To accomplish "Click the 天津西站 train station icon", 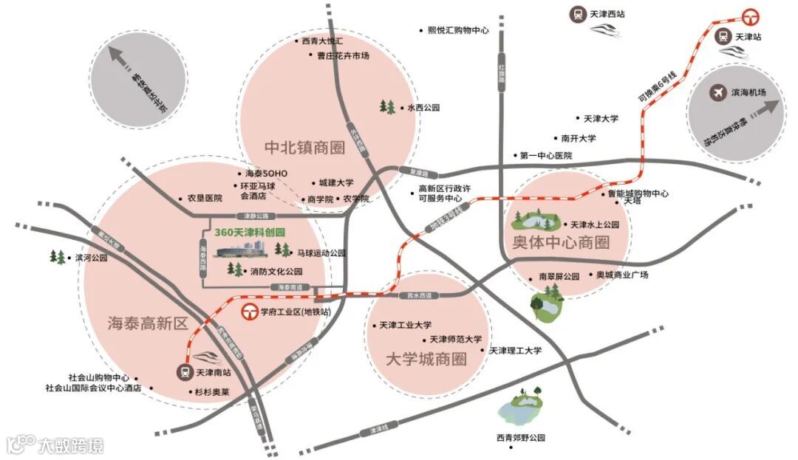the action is (577, 13).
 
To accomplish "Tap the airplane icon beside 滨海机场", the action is (716, 92).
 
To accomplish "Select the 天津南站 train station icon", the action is (184, 372).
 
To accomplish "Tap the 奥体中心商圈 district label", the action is (562, 242).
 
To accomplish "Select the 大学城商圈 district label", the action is (427, 360).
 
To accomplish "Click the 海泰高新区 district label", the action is (148, 323).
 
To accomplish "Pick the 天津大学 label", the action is (601, 118).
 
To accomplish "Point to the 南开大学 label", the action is (579, 138).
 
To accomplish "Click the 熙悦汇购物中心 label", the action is (458, 30).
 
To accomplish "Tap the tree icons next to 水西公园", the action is (387, 108).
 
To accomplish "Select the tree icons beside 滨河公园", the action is (57, 257).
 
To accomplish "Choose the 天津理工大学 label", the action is (515, 350).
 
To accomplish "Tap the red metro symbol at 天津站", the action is (752, 16).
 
